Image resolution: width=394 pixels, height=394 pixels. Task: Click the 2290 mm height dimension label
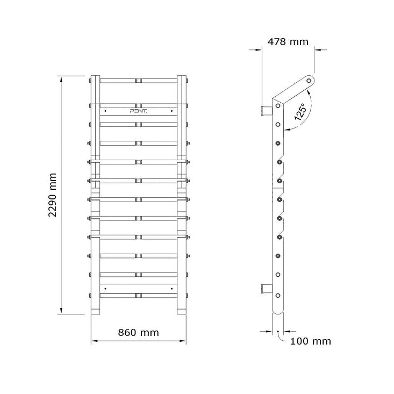pos(53,195)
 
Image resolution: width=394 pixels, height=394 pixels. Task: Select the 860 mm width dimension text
pos(139,333)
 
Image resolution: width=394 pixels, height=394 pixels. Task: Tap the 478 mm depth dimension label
pos(288,42)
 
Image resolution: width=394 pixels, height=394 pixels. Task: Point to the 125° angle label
pos(301,112)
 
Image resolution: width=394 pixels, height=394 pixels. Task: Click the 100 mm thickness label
pos(311,341)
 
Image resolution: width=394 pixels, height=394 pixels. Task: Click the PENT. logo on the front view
pos(139,111)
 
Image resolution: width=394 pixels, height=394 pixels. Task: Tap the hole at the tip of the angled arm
pos(309,81)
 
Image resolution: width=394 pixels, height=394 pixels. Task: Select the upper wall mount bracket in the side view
pos(267,111)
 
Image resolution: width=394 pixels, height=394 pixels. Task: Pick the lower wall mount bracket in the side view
pos(267,289)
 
